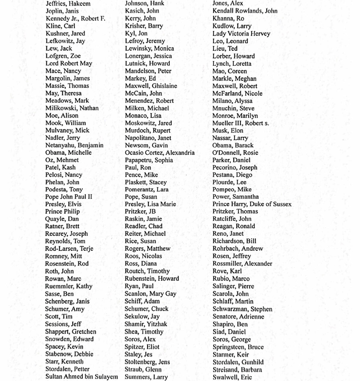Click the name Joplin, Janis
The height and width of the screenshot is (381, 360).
coord(62,11)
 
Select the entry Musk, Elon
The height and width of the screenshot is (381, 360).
coord(228,130)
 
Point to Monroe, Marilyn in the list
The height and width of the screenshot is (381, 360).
coord(235,115)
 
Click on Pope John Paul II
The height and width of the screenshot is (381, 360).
coord(69,197)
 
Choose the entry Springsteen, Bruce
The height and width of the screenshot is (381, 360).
coord(238,347)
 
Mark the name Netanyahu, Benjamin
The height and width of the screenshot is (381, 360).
coord(74,145)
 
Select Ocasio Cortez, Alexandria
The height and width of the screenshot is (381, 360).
coord(160,153)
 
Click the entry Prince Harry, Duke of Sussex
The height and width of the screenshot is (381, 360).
coord(252,204)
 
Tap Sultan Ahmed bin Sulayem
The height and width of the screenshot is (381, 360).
coord(82,377)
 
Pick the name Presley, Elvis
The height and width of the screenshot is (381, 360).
coord(63,204)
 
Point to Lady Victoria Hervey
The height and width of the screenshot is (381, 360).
coord(241,34)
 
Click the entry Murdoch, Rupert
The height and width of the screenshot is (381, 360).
coord(148,130)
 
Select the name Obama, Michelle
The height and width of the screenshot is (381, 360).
coord(69,153)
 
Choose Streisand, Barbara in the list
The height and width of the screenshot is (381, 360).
coord(237,370)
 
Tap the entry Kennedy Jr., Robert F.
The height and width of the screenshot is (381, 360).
coord(75,18)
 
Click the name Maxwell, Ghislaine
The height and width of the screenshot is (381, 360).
coord(151,86)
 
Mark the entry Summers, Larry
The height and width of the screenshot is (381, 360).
coord(146,377)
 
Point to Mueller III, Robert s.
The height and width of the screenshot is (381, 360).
coord(240,123)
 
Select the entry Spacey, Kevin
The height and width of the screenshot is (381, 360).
coord(64,346)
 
